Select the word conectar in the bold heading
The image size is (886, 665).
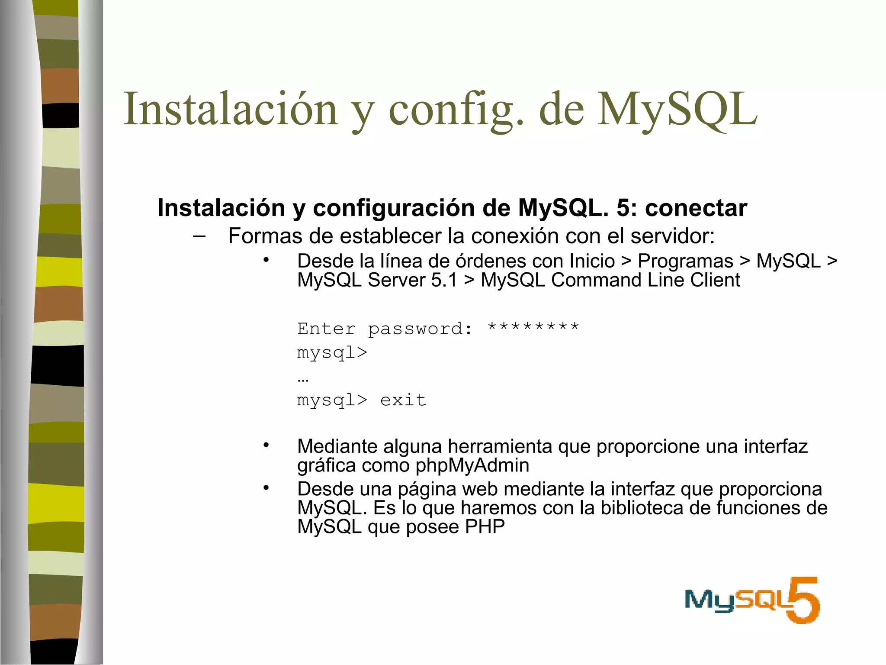point(696,208)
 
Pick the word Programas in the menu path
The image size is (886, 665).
point(685,261)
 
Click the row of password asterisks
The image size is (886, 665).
point(533,327)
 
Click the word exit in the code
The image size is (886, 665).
point(403,400)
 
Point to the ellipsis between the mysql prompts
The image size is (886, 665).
point(303,380)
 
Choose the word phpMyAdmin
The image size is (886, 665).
point(472,465)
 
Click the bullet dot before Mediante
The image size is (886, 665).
point(266,445)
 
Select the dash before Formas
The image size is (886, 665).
point(199,236)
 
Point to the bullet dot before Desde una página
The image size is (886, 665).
point(266,488)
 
